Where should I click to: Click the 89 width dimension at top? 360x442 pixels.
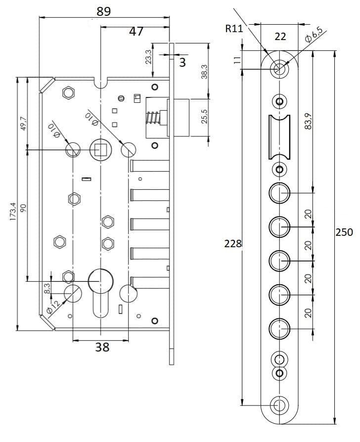coord(104,11)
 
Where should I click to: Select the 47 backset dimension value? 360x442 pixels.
coord(136,31)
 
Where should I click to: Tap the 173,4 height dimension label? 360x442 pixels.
coord(13,212)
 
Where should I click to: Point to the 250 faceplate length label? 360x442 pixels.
coord(344,232)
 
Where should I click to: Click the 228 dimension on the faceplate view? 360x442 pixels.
coord(233,243)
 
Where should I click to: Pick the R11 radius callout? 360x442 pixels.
coord(234,29)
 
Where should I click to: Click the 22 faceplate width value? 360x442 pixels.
coord(280,37)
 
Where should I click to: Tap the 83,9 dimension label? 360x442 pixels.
coord(309,121)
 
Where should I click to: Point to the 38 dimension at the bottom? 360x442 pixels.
coord(102,347)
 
